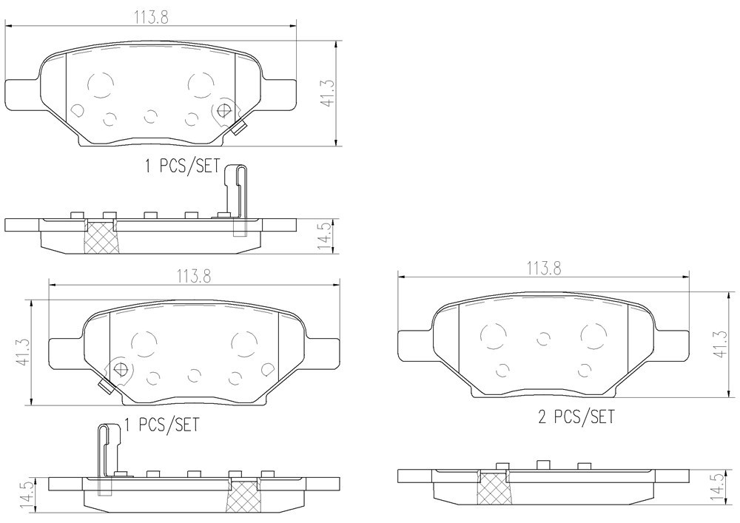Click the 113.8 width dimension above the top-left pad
[x=151, y=17]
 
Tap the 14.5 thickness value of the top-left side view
[x=324, y=237]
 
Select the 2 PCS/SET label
[x=576, y=417]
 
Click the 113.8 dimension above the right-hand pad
[x=544, y=269]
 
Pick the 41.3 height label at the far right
[x=720, y=344]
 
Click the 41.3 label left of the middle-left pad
[x=23, y=352]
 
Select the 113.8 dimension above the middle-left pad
[x=194, y=276]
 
